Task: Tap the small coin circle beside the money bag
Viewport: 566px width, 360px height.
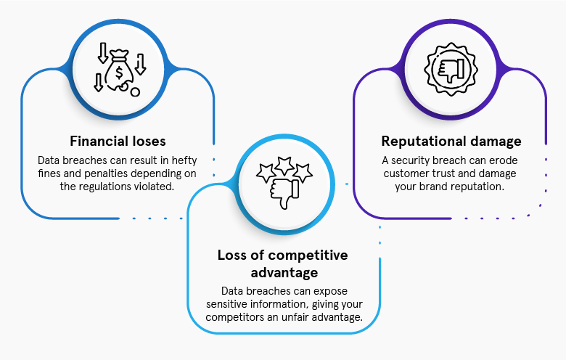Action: (x=135, y=91)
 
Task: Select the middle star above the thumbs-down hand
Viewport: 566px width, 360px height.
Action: (x=284, y=165)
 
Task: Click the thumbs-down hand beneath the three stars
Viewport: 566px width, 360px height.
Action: (x=283, y=189)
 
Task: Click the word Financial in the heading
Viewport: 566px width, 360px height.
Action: (x=97, y=141)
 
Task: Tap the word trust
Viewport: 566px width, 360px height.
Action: (x=445, y=173)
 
